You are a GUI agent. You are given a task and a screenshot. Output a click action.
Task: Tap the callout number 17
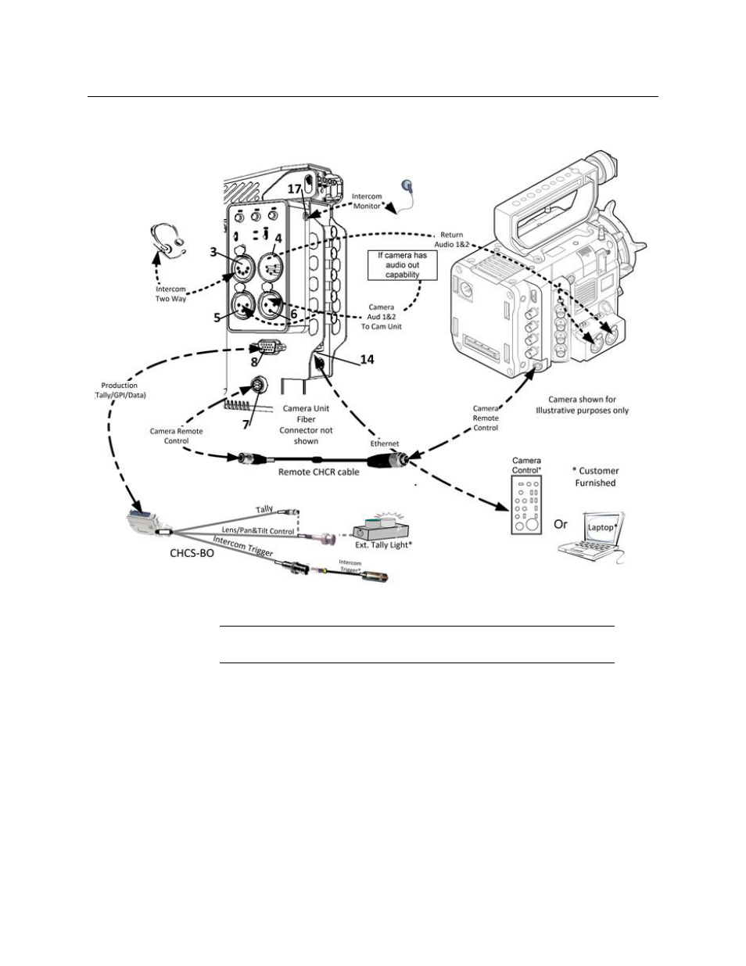(x=294, y=189)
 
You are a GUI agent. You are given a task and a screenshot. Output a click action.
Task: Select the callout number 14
(x=367, y=359)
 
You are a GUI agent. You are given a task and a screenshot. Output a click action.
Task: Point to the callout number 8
(x=254, y=362)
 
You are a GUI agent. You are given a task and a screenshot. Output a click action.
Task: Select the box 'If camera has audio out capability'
(x=403, y=264)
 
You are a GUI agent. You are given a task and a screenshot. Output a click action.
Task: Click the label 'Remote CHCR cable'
(x=319, y=472)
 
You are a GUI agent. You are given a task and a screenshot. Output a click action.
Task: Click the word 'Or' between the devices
(x=561, y=524)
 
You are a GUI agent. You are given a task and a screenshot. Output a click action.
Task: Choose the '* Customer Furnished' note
(x=595, y=477)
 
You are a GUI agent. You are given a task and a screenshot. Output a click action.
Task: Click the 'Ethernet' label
(x=385, y=443)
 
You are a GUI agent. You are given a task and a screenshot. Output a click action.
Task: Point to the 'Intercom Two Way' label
(x=170, y=294)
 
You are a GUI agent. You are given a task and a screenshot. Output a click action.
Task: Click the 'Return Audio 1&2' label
(x=451, y=239)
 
